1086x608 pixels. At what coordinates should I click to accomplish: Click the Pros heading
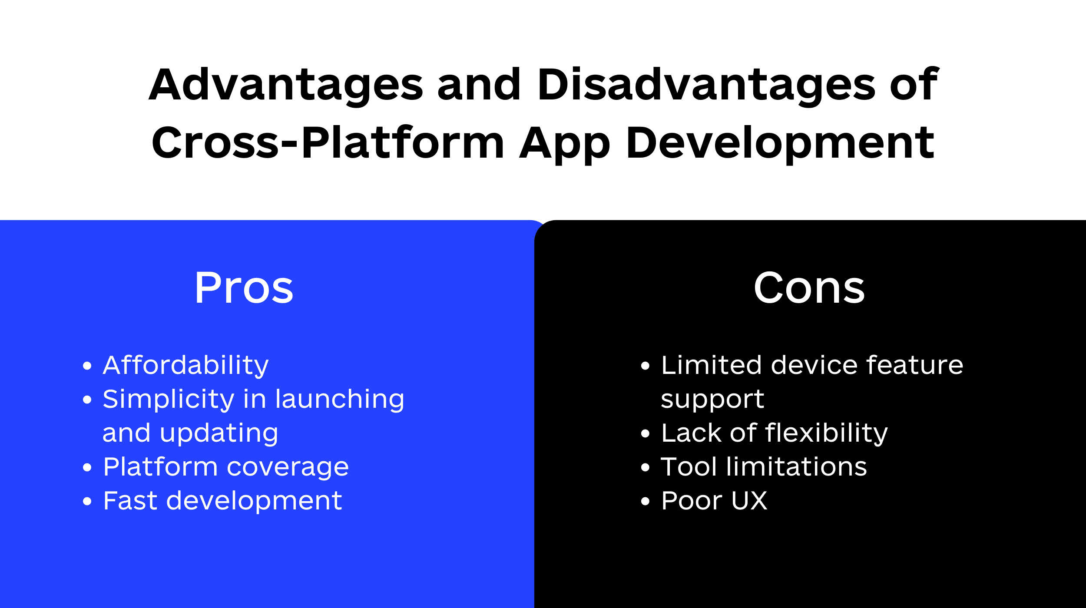(244, 287)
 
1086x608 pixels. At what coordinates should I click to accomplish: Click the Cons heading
(809, 287)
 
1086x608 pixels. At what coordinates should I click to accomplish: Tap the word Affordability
(185, 366)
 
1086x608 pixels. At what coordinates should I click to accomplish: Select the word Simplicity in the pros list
(169, 400)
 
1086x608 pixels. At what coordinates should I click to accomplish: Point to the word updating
(219, 433)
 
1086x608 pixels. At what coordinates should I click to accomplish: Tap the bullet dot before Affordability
(87, 366)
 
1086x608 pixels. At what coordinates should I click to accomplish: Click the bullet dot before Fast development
(87, 502)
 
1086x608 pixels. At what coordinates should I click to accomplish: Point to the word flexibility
(827, 433)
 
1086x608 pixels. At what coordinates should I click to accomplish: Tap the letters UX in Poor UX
(749, 501)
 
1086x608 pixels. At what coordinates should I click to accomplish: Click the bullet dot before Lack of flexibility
(645, 434)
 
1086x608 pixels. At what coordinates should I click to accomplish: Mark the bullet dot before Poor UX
(645, 502)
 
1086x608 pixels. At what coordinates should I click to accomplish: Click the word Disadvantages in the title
(706, 86)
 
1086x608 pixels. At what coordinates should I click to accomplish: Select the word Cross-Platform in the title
(328, 142)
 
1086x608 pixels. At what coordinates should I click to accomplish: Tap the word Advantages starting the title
(286, 86)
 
